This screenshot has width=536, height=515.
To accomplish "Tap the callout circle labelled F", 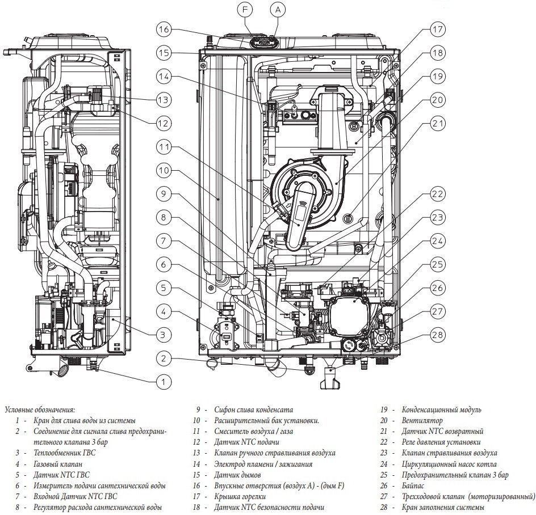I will click(x=245, y=10).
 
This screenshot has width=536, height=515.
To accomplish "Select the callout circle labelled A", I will click(x=277, y=10).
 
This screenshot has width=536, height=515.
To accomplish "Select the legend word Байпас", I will click(x=413, y=486).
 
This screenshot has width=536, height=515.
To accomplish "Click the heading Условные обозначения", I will click(x=39, y=409).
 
